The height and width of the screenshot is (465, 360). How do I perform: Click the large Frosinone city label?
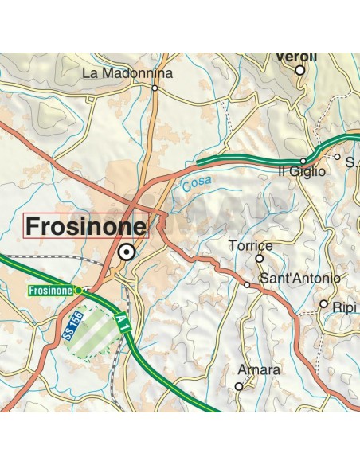click(x=87, y=227)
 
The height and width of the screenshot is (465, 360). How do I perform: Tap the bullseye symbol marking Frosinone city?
click(x=125, y=253)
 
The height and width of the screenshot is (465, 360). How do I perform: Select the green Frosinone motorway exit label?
click(x=51, y=291)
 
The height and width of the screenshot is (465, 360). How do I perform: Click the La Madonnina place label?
click(x=127, y=73)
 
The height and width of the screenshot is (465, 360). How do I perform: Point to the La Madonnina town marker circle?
click(x=155, y=88)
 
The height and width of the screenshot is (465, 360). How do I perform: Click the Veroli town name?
click(x=295, y=57)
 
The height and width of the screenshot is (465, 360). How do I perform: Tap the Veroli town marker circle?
click(x=300, y=70)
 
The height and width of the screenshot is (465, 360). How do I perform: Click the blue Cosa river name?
click(x=197, y=185)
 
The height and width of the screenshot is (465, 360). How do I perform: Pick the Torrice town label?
click(x=250, y=246)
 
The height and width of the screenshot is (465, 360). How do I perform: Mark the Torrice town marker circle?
click(x=259, y=258)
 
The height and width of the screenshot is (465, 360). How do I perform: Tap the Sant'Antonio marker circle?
click(x=247, y=284)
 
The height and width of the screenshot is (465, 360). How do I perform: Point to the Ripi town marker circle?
click(x=324, y=303)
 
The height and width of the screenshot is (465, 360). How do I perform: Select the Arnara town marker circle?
click(x=238, y=386)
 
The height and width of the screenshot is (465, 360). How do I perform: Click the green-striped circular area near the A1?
click(x=100, y=332)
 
